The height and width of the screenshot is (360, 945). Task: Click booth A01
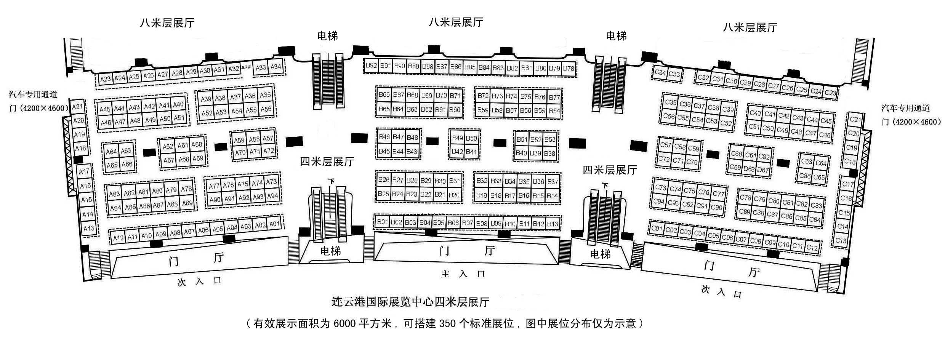click(275, 224)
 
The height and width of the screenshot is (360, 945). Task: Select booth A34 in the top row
click(275, 67)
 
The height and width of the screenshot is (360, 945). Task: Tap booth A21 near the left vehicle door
click(77, 107)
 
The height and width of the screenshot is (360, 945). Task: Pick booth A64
click(111, 152)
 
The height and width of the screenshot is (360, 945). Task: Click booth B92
click(371, 66)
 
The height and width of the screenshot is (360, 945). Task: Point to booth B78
click(569, 69)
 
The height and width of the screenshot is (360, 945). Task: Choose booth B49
click(457, 138)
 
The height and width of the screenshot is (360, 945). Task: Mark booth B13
click(553, 224)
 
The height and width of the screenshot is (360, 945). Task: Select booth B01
click(382, 222)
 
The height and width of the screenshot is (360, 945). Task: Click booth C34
click(660, 72)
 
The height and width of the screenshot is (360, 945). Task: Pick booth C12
click(812, 248)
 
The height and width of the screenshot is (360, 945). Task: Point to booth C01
click(657, 228)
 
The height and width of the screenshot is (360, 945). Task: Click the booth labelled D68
click(749, 169)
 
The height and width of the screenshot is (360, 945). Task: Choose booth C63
click(806, 161)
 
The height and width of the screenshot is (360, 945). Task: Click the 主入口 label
click(463, 274)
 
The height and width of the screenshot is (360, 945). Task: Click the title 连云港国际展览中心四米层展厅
click(410, 302)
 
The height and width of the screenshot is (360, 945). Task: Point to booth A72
click(269, 151)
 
